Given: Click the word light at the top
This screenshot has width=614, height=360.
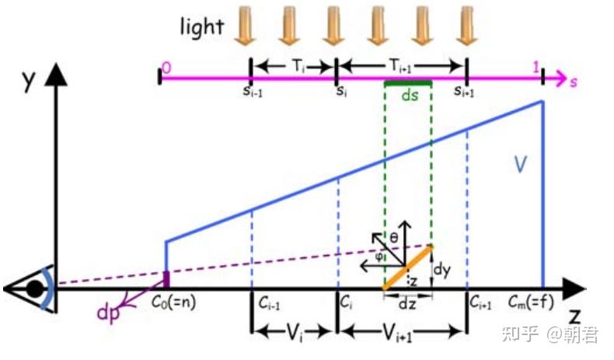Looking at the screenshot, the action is (201, 27).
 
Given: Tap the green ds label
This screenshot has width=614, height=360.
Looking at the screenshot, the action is (410, 95).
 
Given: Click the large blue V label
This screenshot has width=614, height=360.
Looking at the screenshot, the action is (520, 164).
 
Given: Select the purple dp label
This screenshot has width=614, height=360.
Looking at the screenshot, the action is (108, 313).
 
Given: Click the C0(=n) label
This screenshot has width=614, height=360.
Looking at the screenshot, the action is (174, 302).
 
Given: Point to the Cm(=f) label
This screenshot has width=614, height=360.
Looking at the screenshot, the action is (531, 302).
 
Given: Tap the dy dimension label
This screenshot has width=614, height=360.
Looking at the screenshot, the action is (442, 270).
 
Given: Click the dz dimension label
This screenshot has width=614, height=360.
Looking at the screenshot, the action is (407, 304).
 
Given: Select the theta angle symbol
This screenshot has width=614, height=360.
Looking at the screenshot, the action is (394, 237).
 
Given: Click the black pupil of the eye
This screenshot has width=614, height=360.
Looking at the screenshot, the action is (35, 289).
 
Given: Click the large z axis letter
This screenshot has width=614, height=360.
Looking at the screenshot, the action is (574, 316).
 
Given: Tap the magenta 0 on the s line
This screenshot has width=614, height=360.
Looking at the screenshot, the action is (166, 68).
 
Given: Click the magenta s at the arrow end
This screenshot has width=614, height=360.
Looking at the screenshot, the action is (574, 82).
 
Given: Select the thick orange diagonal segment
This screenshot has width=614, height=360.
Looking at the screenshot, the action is (407, 267).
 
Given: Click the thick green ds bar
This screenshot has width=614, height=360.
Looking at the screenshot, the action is (408, 83).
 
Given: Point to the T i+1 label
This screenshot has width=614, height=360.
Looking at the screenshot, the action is (400, 67).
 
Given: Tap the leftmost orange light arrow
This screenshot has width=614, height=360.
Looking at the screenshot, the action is (245, 25).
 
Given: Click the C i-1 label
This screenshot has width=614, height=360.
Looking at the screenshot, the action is (269, 302).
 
